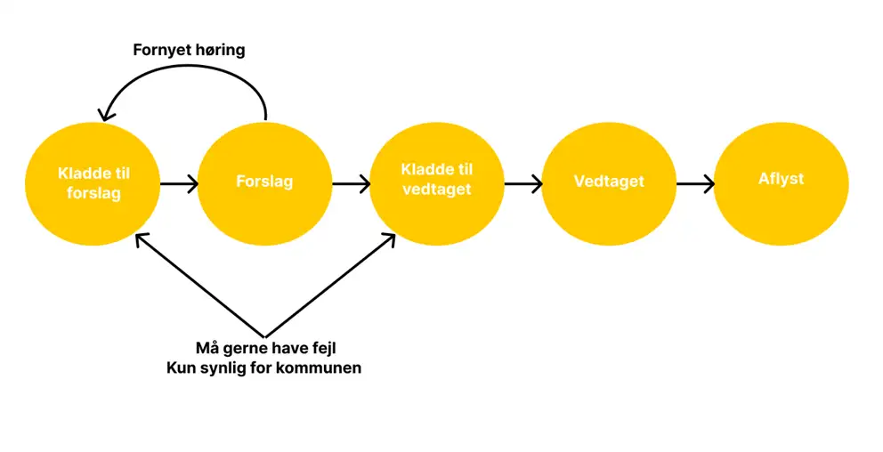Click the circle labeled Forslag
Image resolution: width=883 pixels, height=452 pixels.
(264, 182)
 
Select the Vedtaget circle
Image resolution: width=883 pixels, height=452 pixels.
(609, 182)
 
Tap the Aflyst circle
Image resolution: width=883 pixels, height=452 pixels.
(781, 182)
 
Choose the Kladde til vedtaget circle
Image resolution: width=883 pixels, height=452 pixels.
(436, 182)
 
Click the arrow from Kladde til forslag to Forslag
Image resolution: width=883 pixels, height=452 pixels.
(179, 185)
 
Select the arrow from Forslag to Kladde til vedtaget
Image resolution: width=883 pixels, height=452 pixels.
(351, 185)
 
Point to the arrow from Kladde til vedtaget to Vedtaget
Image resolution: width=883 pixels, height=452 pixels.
(523, 185)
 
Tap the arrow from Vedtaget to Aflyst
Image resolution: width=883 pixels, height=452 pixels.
(695, 185)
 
